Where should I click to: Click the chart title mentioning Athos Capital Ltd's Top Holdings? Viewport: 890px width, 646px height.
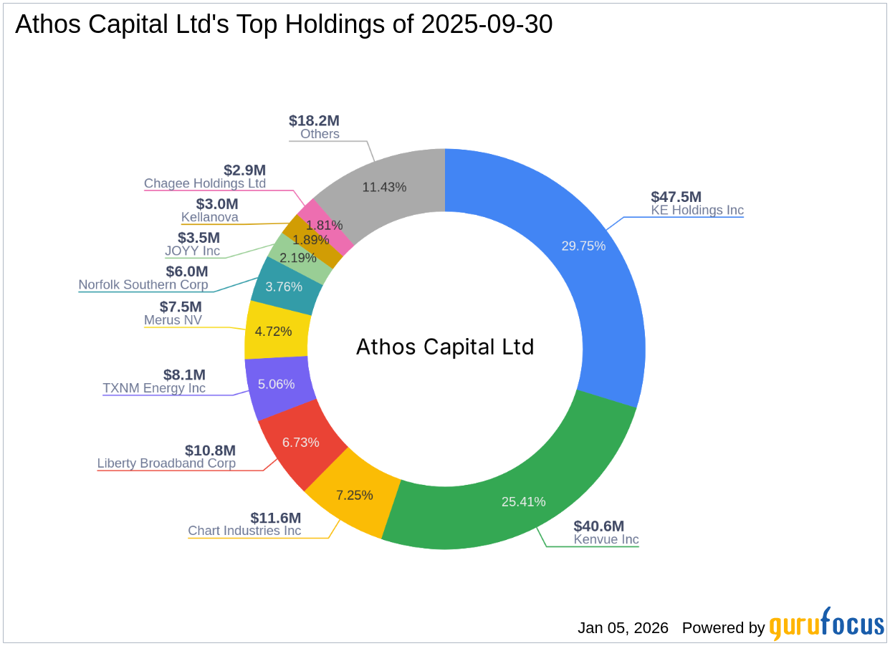284,24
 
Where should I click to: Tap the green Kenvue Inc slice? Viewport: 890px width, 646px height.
516,487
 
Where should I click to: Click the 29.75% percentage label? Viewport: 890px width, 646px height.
583,246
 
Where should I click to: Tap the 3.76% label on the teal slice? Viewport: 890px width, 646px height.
284,286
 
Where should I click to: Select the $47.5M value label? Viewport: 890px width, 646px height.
676,197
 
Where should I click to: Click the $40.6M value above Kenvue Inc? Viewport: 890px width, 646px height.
598,526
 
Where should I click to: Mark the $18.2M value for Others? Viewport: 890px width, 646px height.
314,120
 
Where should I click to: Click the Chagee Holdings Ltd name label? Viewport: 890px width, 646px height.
205,183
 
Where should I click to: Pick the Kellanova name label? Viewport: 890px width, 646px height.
210,217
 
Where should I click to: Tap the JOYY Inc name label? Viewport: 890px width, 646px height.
192,251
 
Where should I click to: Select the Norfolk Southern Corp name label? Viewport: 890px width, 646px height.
143,285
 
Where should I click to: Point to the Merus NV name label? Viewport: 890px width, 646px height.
173,320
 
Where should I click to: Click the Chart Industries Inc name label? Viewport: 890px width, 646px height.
244,531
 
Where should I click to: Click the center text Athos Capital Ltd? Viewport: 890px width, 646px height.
445,347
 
